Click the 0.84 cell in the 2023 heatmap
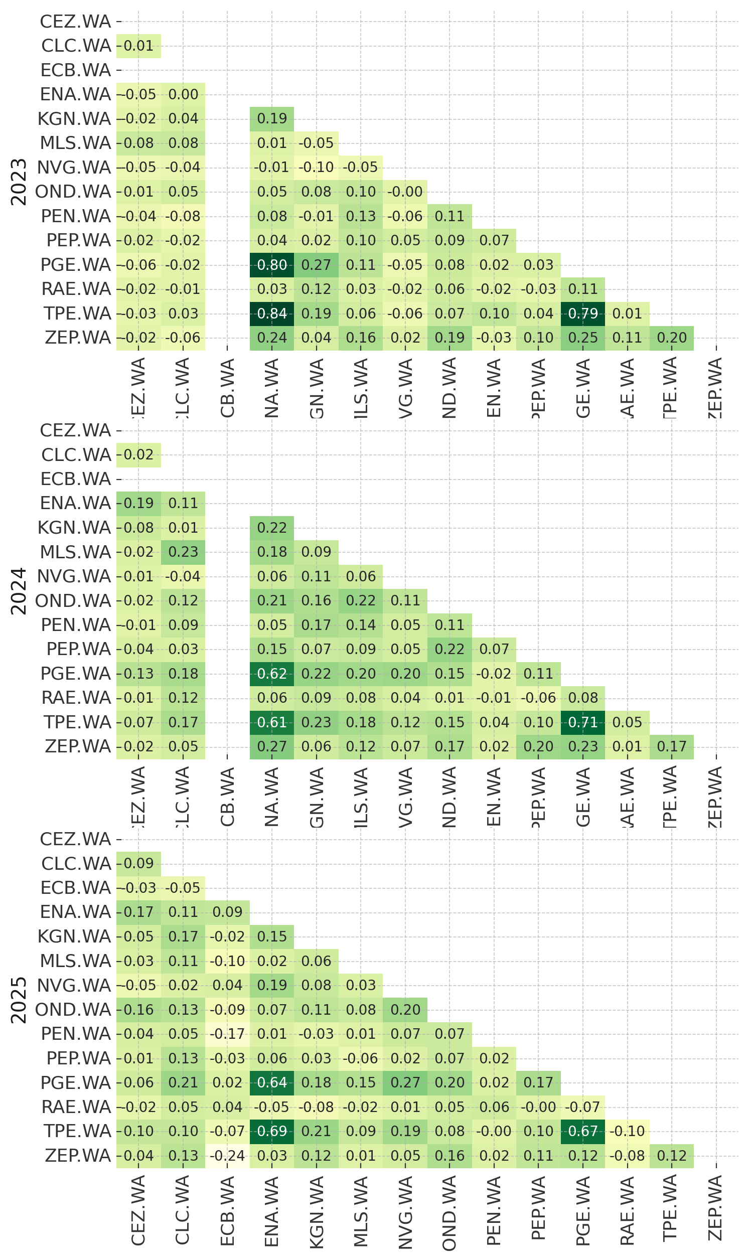point(272,313)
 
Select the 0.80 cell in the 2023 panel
point(272,265)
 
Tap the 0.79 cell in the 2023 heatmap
point(582,313)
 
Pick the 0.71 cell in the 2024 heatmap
point(582,722)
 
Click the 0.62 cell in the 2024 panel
point(272,674)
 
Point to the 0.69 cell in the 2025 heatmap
point(272,1131)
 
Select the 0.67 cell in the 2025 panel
point(582,1131)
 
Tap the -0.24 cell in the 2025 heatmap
point(227,1156)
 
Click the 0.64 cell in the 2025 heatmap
point(272,1082)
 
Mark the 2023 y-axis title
point(19,182)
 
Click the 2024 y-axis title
point(19,591)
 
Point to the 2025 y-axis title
point(19,1000)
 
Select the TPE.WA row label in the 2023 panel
point(77,313)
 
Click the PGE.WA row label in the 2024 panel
point(76,674)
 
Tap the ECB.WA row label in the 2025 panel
point(76,888)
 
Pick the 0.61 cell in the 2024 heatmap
point(272,722)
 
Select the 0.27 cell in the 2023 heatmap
point(316,265)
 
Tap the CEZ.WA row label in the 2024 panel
point(76,431)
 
